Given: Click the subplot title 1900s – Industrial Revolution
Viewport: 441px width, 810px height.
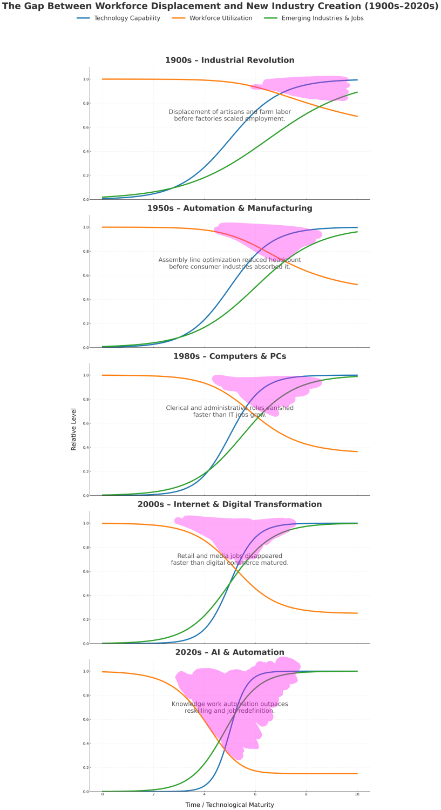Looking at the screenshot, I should point(229,60).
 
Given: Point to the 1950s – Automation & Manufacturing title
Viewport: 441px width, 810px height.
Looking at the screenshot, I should point(229,208).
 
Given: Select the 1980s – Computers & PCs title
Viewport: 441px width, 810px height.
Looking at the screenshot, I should point(229,356).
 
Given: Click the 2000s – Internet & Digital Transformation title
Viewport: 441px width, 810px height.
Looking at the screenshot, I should point(229,504).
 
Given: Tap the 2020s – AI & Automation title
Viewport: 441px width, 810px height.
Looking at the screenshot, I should point(229,652).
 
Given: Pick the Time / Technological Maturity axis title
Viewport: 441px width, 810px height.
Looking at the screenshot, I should point(229,805).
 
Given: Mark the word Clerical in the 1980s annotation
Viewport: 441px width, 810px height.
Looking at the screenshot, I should point(178,408).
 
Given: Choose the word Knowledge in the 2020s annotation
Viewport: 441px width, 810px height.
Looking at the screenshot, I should point(188,704).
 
